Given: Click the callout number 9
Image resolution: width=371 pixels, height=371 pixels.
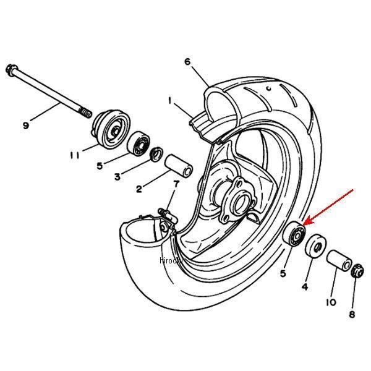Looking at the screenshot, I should click(x=26, y=126).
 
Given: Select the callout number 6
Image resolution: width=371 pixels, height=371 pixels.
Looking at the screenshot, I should click(x=187, y=61).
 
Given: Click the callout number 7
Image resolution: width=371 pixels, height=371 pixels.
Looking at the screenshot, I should click(x=176, y=184).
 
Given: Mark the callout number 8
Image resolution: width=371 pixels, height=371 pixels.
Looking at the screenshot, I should click(x=352, y=314).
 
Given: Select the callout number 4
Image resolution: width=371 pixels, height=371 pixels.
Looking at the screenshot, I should click(x=304, y=286).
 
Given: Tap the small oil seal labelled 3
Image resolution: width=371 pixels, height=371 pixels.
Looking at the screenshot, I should click(x=157, y=152).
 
